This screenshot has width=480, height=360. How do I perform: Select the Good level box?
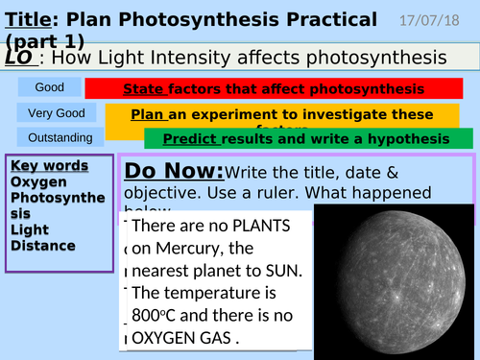50,88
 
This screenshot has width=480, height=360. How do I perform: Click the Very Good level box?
50,113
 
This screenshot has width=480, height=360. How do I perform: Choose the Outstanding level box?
50,138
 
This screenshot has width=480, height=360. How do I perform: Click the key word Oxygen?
39,182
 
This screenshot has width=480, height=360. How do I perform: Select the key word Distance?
43,246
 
